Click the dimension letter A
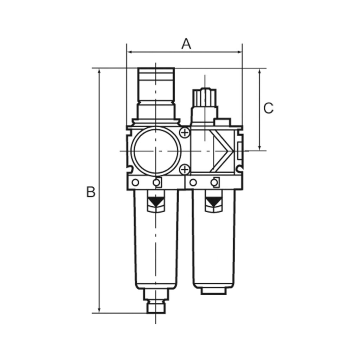pos(186,44)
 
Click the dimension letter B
pos(91,192)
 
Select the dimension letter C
pos(268,108)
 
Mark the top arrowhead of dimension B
pos(99,71)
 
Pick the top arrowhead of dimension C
pos(259,71)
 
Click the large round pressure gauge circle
pos(155,151)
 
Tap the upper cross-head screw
pos(184,133)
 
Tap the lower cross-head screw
pos(184,170)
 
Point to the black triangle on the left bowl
pos(155,202)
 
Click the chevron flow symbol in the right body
pos(224,151)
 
